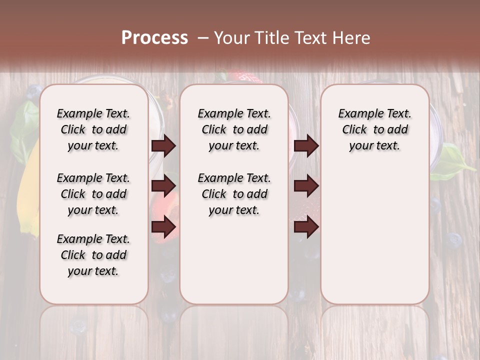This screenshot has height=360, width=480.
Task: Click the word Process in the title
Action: [154, 37]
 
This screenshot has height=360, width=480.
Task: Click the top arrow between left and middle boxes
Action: [163, 146]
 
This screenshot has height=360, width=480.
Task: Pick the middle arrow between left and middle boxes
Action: [163, 186]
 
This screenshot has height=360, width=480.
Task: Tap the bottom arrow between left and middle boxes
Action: [163, 227]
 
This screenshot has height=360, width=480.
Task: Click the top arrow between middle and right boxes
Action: [306, 146]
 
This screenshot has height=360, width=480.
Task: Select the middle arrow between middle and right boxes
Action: [306, 186]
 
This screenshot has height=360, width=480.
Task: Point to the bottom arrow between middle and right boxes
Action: [306, 227]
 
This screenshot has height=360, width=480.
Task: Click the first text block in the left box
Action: [93, 129]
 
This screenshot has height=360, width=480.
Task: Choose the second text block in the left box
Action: [93, 194]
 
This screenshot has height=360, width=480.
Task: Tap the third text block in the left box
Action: [93, 255]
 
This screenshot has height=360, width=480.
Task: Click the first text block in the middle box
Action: [234, 129]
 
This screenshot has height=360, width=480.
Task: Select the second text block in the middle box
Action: [234, 194]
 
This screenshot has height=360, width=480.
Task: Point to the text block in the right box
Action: [374, 129]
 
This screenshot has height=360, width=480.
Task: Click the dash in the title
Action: [203, 38]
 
